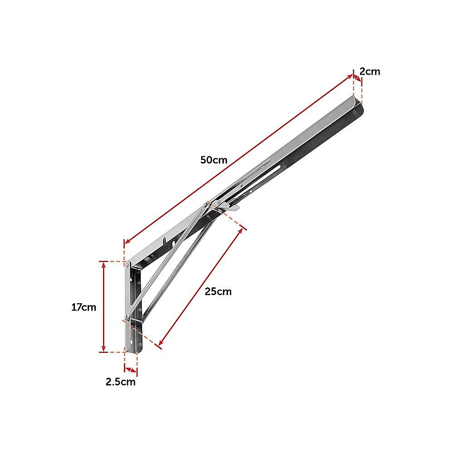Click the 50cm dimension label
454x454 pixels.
213,160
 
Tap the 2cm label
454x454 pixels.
370,71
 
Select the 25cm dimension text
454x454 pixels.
218,291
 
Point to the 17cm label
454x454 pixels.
84,307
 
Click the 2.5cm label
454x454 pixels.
120,382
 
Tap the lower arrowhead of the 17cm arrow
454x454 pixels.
104,349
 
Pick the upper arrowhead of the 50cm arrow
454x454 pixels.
351,76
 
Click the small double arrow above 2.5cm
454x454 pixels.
130,370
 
